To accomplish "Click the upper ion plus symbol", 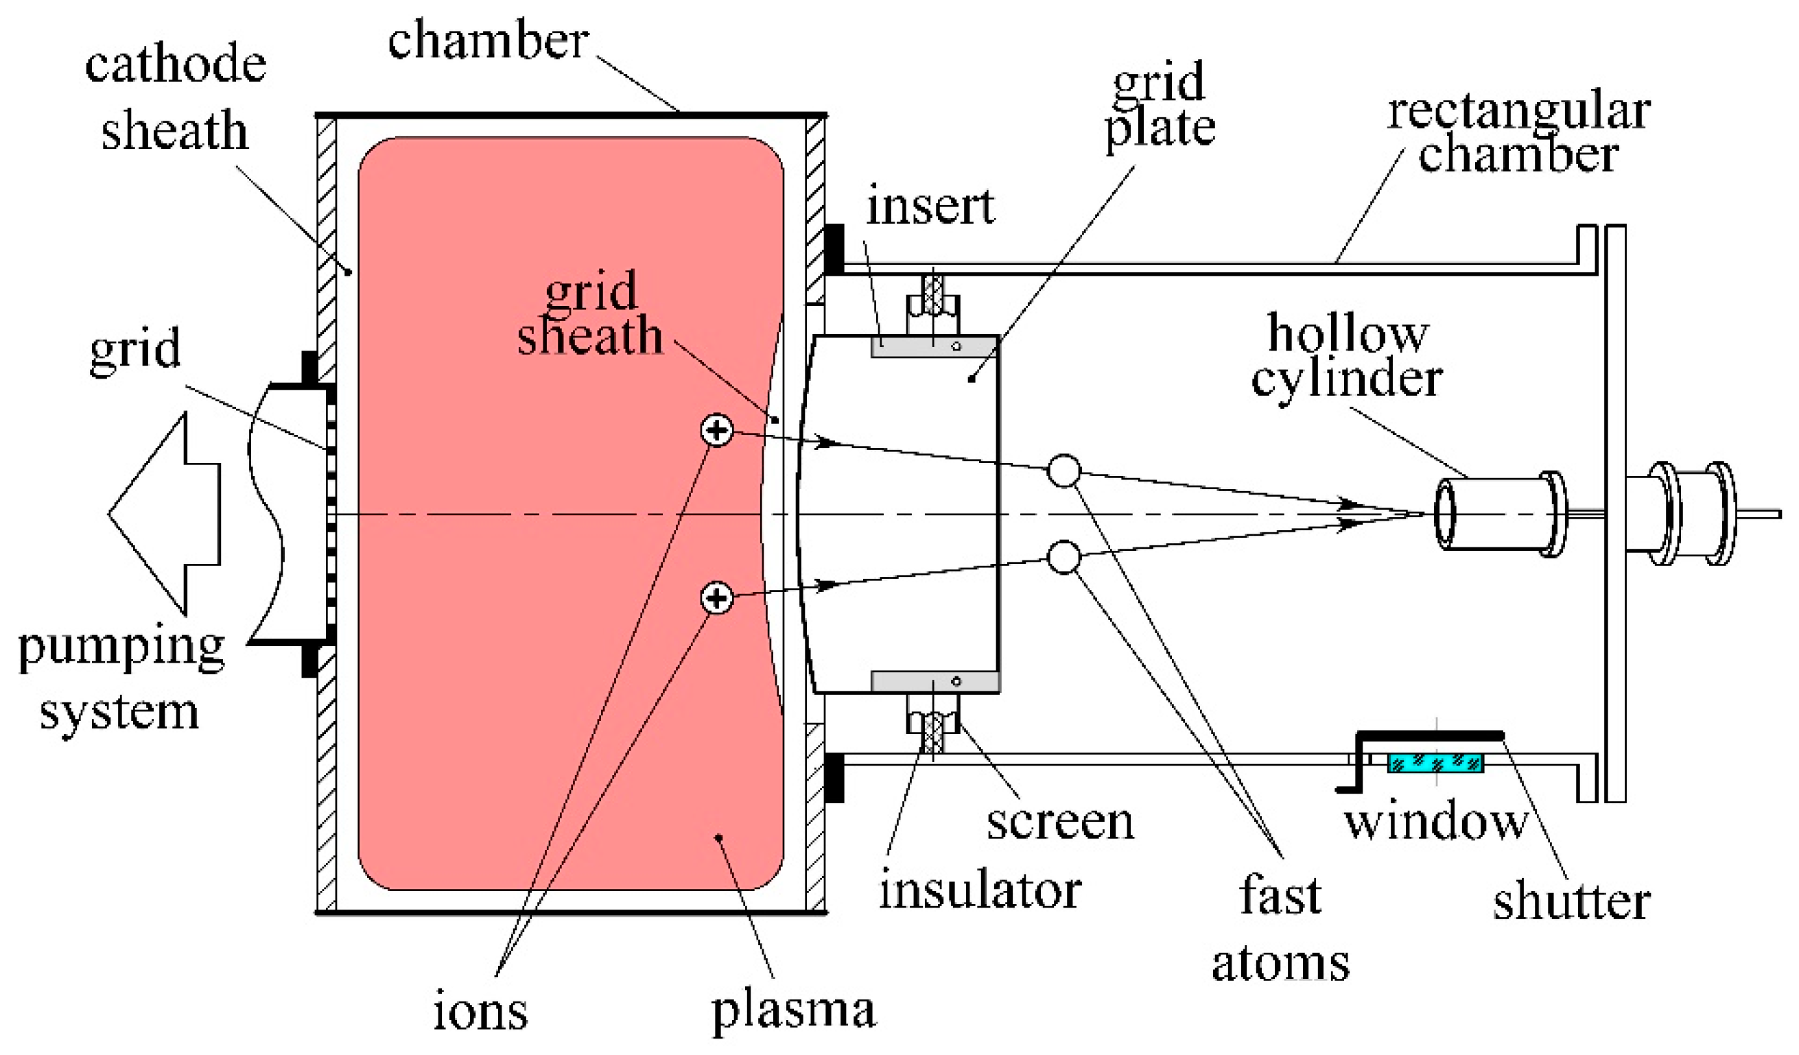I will pyautogui.click(x=717, y=430).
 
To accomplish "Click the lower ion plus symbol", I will pyautogui.click(x=717, y=597).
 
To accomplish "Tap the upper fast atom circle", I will pyautogui.click(x=1063, y=471).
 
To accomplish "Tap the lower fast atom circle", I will pyautogui.click(x=1063, y=557).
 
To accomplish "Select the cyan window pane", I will pyautogui.click(x=1435, y=763).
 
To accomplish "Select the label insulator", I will pyautogui.click(x=980, y=891).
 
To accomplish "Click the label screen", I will pyautogui.click(x=1060, y=822).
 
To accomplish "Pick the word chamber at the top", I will pyautogui.click(x=489, y=40).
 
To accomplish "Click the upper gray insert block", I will pyautogui.click(x=934, y=347).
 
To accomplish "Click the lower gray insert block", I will pyautogui.click(x=934, y=681).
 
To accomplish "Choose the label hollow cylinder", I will pyautogui.click(x=1348, y=355).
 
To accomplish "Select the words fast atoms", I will pyautogui.click(x=1281, y=928).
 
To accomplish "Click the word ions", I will pyautogui.click(x=480, y=1010).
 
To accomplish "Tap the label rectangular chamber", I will pyautogui.click(x=1518, y=134).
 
